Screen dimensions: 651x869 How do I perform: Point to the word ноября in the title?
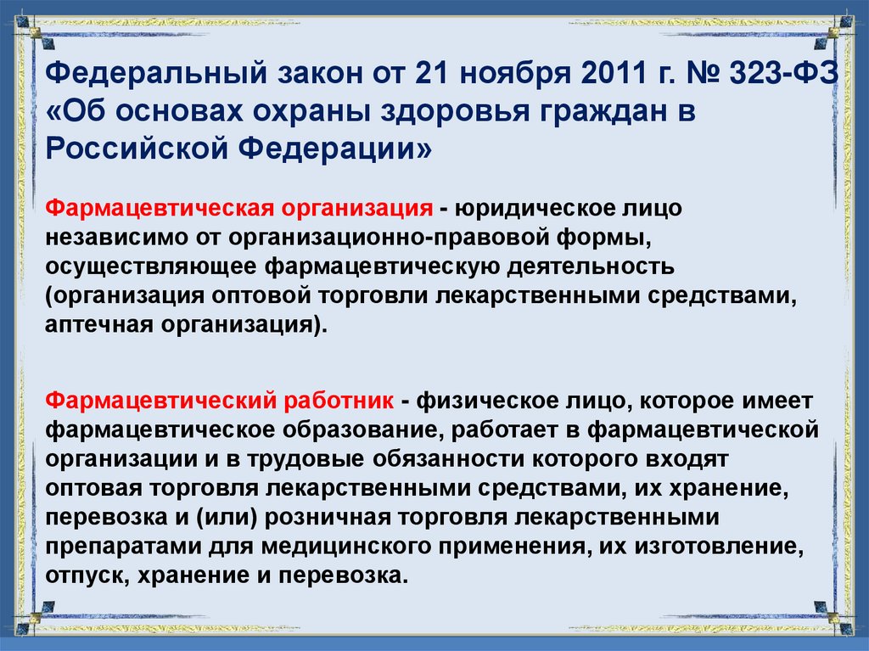(507, 78)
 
